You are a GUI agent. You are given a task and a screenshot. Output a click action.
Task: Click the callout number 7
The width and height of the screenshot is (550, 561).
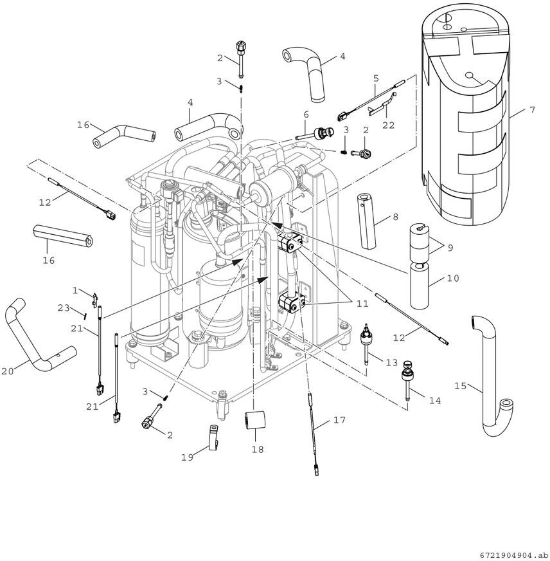tap(532, 110)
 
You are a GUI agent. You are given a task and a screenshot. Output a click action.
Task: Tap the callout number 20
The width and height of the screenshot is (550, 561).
tap(7, 371)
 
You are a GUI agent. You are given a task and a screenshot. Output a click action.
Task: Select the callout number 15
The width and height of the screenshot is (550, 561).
tap(460, 386)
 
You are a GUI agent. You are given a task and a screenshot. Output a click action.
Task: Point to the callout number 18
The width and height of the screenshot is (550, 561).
tap(257, 449)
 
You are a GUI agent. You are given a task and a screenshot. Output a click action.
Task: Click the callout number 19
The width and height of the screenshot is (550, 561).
tap(187, 457)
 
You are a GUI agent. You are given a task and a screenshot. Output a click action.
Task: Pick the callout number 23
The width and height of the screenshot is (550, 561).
tap(64, 308)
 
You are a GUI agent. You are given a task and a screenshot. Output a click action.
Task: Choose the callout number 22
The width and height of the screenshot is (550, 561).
tap(389, 125)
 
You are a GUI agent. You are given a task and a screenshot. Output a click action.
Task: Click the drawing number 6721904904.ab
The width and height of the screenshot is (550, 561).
tap(513, 555)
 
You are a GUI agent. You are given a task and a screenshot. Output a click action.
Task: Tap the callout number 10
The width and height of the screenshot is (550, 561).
tap(453, 278)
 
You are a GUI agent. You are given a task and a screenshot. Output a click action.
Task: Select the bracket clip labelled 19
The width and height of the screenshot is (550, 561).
tap(213, 437)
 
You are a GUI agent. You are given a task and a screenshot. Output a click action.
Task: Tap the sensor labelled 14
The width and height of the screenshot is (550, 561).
tap(408, 380)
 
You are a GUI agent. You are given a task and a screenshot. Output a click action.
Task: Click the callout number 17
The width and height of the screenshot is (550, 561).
tap(339, 419)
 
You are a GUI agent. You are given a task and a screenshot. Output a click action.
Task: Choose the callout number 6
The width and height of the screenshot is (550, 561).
tap(306, 115)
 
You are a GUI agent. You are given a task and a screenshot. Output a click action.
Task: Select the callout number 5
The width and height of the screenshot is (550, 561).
tap(376, 78)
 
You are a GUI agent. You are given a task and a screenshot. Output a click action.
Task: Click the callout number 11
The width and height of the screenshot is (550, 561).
tap(362, 304)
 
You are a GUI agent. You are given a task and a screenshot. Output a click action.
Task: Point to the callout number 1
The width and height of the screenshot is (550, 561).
tap(75, 291)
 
